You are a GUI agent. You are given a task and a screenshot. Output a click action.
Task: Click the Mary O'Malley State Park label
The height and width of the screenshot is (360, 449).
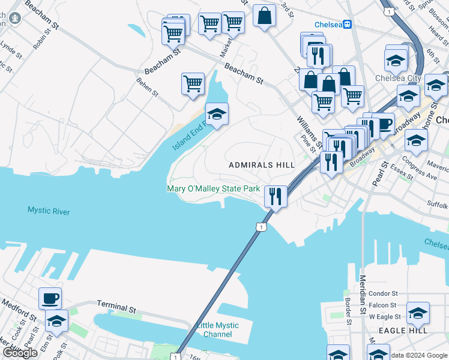[x=213, y=188]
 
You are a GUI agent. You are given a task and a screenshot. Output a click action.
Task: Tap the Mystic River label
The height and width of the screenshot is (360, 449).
[x=49, y=211]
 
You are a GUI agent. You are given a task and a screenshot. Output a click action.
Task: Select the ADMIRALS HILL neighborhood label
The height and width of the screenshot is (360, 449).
[x=262, y=164]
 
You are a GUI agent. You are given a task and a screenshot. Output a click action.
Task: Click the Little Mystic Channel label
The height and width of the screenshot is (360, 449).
[x=217, y=330]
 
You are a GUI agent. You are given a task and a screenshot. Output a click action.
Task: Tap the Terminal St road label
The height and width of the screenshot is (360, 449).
[x=116, y=308]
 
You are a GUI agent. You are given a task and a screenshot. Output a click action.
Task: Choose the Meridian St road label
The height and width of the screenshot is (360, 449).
[x=363, y=293]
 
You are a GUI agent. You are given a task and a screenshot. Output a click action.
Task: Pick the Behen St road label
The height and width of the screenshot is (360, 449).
[x=147, y=87]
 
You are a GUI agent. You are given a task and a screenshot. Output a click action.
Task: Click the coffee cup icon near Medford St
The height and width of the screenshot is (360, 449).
[x=50, y=298]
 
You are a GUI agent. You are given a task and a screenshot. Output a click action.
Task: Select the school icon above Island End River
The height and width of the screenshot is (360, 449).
[x=217, y=113]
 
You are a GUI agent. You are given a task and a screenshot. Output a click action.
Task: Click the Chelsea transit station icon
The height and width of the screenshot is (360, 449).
[x=348, y=25]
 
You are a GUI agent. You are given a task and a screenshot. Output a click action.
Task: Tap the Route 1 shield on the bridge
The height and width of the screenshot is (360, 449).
[x=260, y=226]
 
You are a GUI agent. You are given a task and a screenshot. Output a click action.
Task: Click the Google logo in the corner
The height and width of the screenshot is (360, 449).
[x=19, y=353]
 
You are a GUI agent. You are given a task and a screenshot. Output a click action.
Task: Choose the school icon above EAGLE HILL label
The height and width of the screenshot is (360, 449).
[x=418, y=313]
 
